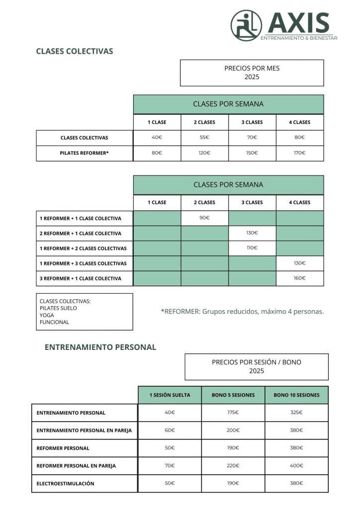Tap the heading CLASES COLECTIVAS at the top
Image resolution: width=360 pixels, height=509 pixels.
75,51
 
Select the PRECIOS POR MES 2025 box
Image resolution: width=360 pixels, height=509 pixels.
252,73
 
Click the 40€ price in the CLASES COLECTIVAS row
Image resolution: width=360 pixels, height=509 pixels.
157,138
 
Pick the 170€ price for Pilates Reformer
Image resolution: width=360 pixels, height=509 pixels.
300,153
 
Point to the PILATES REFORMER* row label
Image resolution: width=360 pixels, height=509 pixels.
84,153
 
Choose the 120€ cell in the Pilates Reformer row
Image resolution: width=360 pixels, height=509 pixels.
204,153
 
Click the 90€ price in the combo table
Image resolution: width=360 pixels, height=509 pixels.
204,218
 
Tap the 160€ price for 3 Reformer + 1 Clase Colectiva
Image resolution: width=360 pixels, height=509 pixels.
300,278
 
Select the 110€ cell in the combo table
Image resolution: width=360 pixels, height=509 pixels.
252,248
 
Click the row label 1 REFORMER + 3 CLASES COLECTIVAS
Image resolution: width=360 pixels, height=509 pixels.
83,263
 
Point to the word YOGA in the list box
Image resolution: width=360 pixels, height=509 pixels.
47,315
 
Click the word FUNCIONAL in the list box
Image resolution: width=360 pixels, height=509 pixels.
54,322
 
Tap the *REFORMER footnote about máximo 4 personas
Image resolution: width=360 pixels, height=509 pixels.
242,312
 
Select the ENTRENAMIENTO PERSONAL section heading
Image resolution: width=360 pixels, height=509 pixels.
100,347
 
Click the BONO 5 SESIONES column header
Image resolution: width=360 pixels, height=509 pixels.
233,395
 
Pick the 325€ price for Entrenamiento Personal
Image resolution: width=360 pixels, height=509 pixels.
296,413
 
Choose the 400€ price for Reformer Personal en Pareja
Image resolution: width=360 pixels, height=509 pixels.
296,466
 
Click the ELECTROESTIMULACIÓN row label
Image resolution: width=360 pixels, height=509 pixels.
65,483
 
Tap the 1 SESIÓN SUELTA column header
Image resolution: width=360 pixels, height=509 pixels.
170,395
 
